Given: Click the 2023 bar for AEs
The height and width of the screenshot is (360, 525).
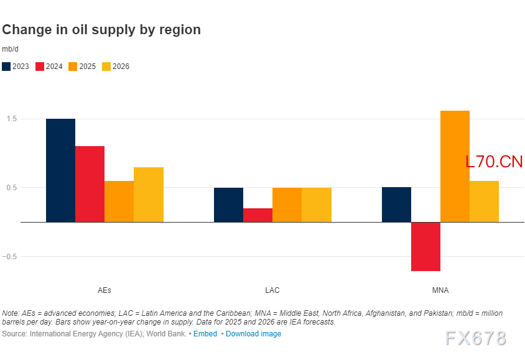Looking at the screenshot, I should tap(60, 170).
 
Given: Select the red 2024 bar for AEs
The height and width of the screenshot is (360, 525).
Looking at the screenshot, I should tap(90, 184).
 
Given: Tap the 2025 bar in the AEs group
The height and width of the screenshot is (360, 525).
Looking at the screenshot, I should tap(119, 201).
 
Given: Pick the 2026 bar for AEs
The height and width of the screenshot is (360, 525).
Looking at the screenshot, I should tap(149, 195).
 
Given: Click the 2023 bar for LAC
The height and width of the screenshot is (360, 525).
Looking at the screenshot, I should tap(228, 205).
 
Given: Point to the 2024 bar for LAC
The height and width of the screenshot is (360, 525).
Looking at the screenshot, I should tap(258, 215).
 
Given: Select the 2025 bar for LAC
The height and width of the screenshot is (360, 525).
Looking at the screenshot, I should tap(287, 205).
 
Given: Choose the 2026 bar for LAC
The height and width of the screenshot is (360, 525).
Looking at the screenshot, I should tap(317, 205).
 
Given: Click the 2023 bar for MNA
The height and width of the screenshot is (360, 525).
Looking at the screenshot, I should tap(396, 205).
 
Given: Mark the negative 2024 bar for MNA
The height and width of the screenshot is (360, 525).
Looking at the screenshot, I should tap(425, 246).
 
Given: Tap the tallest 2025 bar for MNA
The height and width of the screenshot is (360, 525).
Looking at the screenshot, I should tap(455, 166).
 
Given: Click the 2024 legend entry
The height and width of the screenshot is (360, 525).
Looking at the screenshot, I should tap(49, 67).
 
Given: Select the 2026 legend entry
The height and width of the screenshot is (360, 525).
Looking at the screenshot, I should tap(116, 67).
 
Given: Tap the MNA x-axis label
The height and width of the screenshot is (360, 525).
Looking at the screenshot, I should tap(440, 290).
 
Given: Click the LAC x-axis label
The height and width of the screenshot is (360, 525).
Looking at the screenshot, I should tap(272, 290).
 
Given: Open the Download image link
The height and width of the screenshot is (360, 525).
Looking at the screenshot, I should tap(253, 334).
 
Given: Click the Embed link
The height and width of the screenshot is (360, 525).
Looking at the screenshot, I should tap(205, 334).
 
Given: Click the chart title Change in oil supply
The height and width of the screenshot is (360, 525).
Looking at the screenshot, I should tap(101, 29).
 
